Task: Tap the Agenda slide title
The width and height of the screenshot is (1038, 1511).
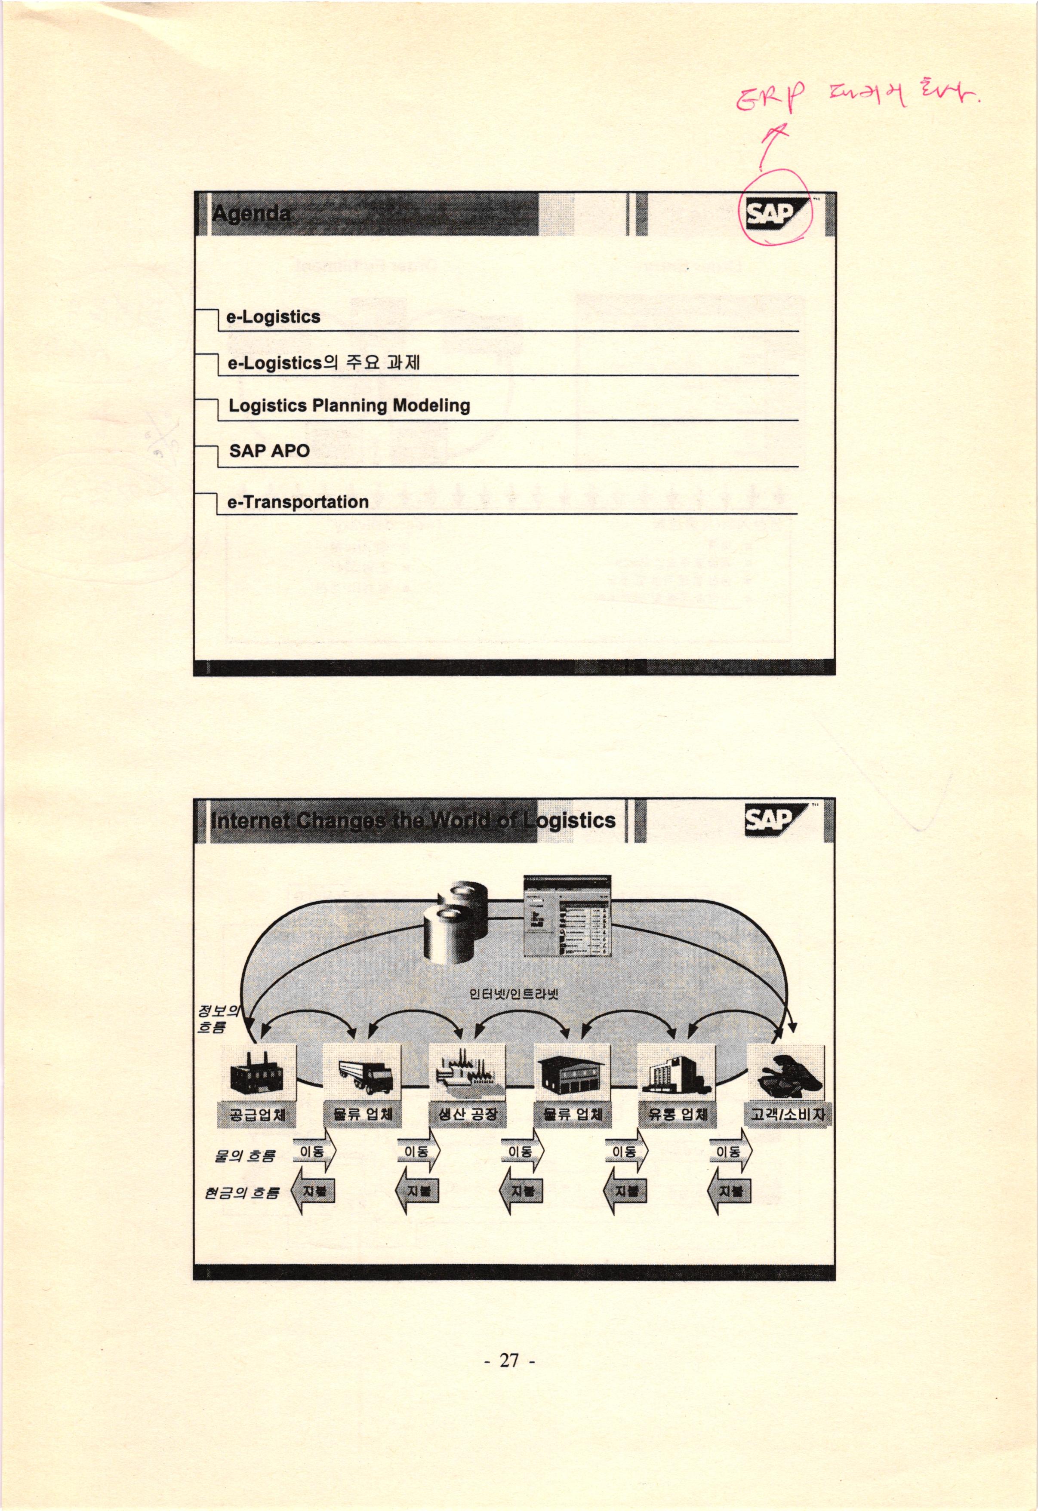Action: [x=251, y=213]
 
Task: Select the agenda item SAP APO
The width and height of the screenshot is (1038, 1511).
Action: [x=269, y=451]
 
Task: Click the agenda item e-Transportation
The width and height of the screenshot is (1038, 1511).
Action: [x=298, y=502]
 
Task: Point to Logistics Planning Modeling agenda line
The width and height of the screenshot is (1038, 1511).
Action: [x=349, y=406]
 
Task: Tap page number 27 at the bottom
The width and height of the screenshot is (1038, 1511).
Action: [x=510, y=1359]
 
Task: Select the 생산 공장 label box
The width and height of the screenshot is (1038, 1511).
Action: [x=468, y=1115]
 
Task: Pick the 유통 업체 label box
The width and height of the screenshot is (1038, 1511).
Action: [x=677, y=1115]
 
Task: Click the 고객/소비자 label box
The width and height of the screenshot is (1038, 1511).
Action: [x=787, y=1115]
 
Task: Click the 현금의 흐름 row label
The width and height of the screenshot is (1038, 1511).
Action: [x=241, y=1193]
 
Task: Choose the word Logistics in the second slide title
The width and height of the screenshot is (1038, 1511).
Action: [x=570, y=820]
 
